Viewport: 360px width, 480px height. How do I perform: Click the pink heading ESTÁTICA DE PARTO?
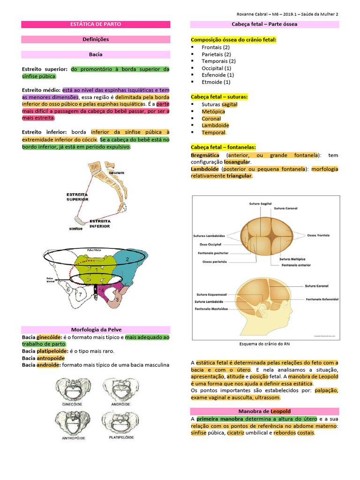point(96,24)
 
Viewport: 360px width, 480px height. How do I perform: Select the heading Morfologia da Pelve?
point(96,330)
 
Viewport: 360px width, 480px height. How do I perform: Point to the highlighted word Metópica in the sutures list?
point(213,112)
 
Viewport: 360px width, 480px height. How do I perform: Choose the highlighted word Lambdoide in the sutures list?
point(215,126)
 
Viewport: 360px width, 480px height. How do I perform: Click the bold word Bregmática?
point(205,155)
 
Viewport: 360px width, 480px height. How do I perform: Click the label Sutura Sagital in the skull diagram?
point(260,204)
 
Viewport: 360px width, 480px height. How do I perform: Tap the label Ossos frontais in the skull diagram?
point(318,235)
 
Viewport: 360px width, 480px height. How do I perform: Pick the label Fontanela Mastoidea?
point(212,309)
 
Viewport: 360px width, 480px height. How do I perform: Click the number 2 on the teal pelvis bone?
point(127,259)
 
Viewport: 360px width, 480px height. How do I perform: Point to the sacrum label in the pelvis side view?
point(116,173)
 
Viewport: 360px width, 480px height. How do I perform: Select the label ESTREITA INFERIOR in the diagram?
point(100,223)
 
